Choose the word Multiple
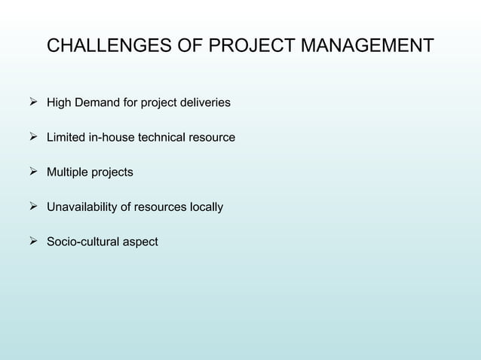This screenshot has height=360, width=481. (68, 172)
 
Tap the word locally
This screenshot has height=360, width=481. (205, 207)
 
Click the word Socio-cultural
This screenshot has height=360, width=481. (83, 242)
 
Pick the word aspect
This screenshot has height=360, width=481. (140, 243)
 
